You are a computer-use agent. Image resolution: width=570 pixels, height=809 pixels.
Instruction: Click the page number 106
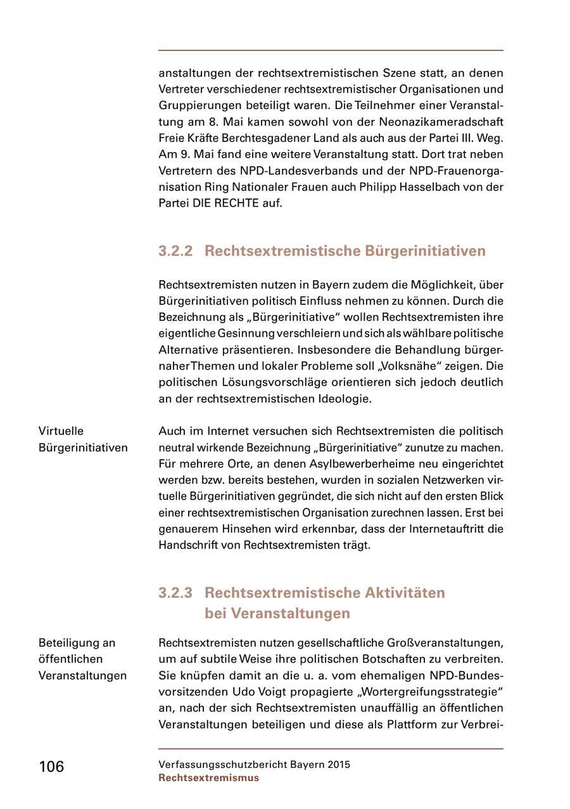point(51,767)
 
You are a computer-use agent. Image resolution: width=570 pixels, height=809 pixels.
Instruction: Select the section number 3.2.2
point(175,251)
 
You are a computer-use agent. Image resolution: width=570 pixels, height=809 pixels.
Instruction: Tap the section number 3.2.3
point(175,593)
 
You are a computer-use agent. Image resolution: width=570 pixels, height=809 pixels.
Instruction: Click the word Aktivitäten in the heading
point(405,593)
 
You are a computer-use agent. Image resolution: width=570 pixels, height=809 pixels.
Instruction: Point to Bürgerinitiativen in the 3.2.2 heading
point(425,251)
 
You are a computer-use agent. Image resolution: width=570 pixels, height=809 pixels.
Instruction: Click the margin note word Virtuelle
point(61,431)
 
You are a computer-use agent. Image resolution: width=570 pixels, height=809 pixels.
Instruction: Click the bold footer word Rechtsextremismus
point(208,778)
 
